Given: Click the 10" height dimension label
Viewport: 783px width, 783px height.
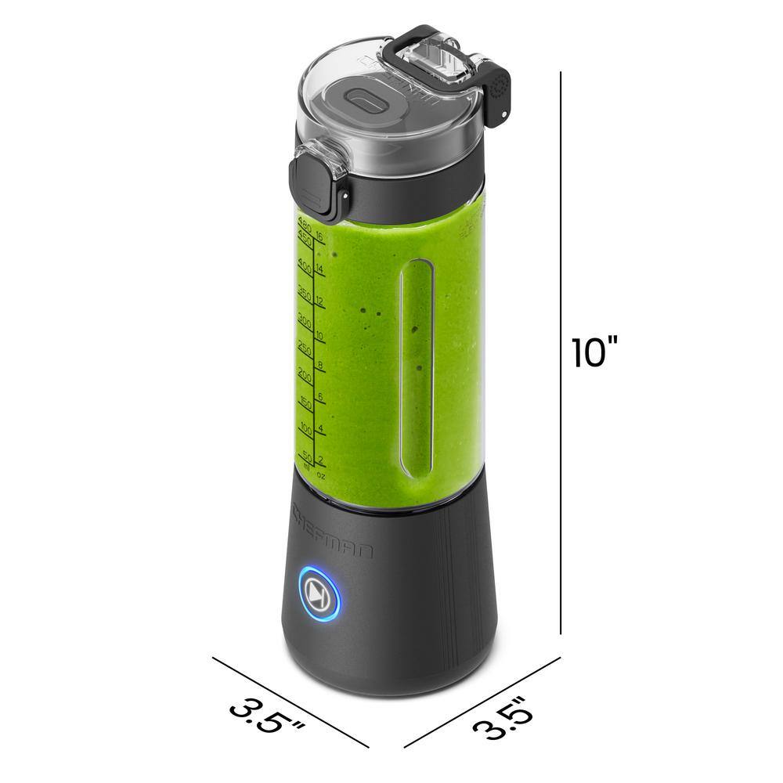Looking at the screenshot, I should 595,352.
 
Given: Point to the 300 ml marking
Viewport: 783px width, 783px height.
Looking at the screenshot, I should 305,321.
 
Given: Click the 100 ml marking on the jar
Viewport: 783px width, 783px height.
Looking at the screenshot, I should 305,430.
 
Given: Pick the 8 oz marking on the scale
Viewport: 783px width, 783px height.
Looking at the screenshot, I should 319,364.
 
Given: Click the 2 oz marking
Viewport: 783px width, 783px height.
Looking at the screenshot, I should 319,460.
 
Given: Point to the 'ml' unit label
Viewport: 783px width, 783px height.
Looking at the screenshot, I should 306,469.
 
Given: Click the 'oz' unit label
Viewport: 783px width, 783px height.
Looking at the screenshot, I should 320,473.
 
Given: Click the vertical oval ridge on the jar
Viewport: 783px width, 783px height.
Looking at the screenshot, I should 415,368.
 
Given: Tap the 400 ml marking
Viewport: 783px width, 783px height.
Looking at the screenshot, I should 305,269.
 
